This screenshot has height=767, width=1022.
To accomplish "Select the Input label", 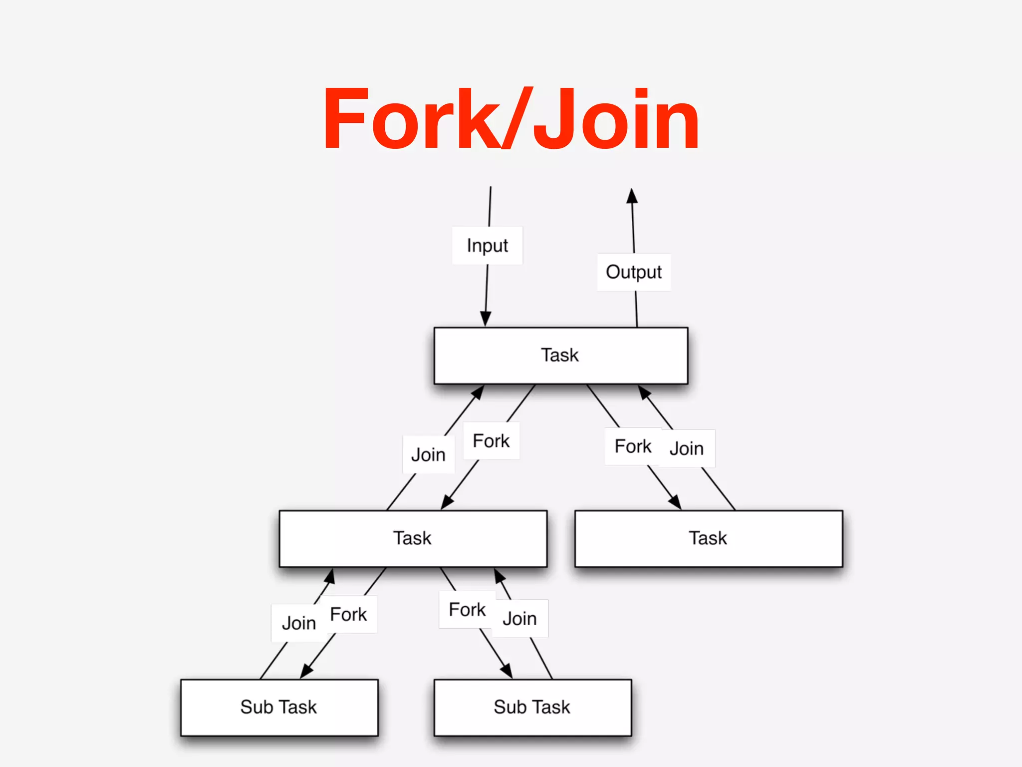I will click(x=487, y=245).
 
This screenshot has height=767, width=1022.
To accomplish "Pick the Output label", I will click(x=634, y=272).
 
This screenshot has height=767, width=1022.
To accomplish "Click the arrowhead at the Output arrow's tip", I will click(x=632, y=196).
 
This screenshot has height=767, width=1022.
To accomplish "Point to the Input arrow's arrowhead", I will click(x=486, y=319).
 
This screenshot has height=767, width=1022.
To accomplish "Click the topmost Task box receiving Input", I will click(x=560, y=356).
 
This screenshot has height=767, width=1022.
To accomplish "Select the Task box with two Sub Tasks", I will click(x=413, y=538).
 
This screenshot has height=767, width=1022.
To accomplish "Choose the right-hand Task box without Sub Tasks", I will click(x=708, y=538).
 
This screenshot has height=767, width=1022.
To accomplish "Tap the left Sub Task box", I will click(x=279, y=707).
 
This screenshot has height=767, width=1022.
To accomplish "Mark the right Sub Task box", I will click(x=532, y=707).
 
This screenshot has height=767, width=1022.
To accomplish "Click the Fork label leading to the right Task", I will click(x=633, y=446).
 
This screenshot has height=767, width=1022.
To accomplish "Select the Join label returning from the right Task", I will click(x=687, y=448).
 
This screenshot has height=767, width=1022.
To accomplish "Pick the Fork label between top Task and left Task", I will click(x=491, y=441).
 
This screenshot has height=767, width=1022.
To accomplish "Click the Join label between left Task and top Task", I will click(x=428, y=454).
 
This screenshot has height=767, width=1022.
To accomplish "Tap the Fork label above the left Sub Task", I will click(x=348, y=614).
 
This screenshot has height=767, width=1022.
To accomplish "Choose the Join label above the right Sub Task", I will click(x=519, y=619).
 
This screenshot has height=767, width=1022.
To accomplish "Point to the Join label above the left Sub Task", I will click(x=299, y=623).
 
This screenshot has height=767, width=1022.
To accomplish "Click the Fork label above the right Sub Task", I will click(x=467, y=610).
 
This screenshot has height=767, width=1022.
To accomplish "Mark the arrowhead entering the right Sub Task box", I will click(x=507, y=671).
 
